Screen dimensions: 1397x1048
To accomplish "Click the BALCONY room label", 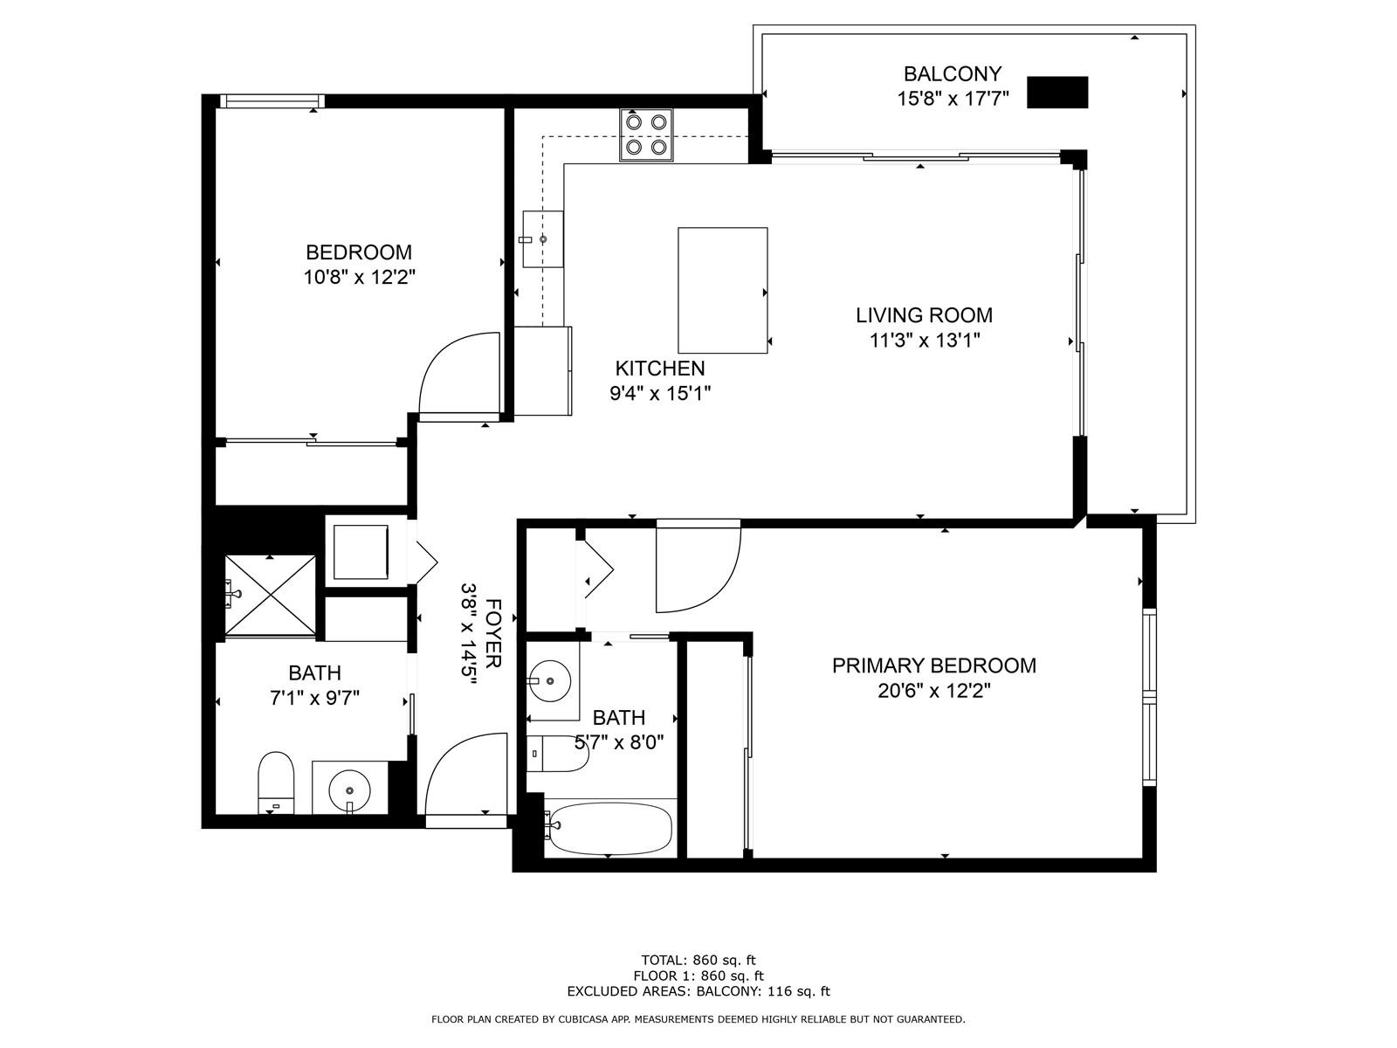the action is point(952,74).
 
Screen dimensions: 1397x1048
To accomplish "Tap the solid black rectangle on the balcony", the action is point(1057,93).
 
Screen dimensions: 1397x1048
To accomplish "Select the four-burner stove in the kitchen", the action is point(646,134).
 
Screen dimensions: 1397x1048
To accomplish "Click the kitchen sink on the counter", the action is point(543,239).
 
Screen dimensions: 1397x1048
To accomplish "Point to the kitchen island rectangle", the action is point(722,290).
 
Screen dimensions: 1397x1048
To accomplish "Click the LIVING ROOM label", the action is point(924,315).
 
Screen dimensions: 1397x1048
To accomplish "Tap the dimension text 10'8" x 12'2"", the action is point(360,278).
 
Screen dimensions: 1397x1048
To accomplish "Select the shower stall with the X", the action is point(271,596).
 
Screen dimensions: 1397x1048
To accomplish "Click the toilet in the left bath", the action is point(276,783).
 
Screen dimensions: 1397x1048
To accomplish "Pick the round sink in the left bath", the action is point(349,789).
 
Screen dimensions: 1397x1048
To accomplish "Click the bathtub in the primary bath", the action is point(610,829).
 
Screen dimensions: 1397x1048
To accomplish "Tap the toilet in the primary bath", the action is point(557,754).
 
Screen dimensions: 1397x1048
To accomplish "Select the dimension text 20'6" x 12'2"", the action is point(934,691).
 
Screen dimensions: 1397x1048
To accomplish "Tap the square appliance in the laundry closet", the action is point(361,552).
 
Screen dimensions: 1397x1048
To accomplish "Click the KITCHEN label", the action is point(660,369).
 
